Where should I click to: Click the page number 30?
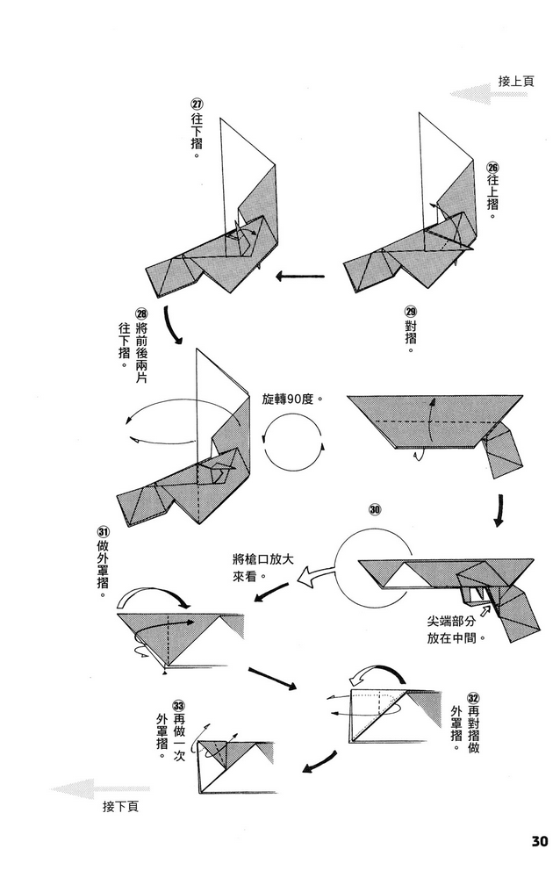[x=539, y=840]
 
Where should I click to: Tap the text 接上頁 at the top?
[x=516, y=81]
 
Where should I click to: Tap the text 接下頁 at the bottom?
[x=120, y=806]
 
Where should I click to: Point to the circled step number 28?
[x=141, y=313]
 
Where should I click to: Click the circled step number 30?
[x=375, y=508]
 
